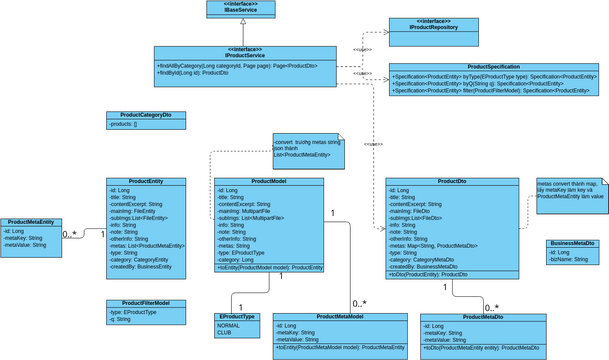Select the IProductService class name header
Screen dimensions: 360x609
245,52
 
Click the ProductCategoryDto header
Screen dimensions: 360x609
146,115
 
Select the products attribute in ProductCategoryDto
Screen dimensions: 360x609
125,124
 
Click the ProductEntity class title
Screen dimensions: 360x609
147,182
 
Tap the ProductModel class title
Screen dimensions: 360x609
269,182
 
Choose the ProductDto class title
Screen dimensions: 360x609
451,182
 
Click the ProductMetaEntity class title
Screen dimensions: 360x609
31,222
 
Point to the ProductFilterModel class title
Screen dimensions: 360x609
146,302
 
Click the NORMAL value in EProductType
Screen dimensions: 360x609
229,325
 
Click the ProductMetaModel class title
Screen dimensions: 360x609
340,316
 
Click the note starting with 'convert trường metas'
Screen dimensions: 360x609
306,149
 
